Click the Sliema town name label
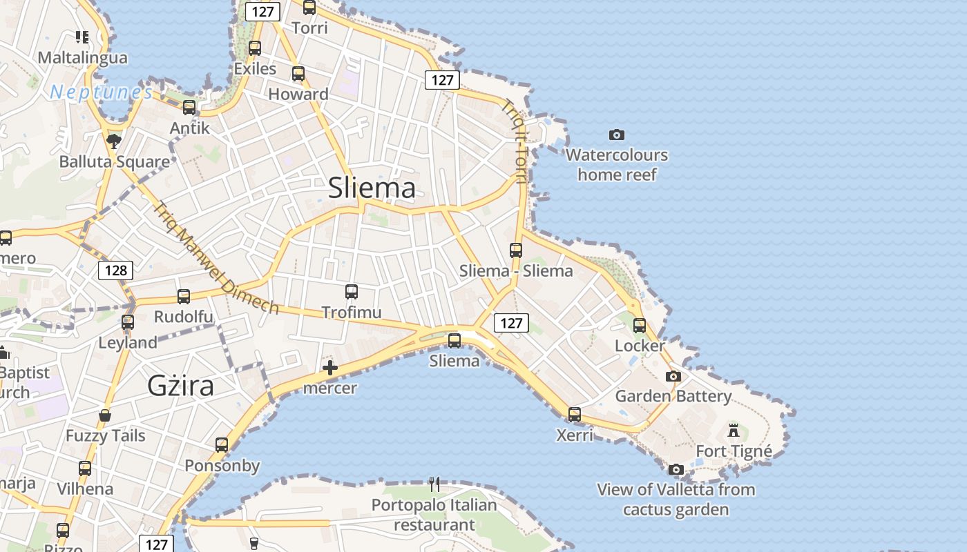pyautogui.click(x=372, y=188)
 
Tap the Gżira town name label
pyautogui.click(x=181, y=386)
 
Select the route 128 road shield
pyautogui.click(x=115, y=270)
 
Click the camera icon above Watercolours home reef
pyautogui.click(x=617, y=135)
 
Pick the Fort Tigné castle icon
pyautogui.click(x=734, y=431)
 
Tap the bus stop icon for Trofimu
pyautogui.click(x=352, y=292)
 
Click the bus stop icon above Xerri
pyautogui.click(x=575, y=415)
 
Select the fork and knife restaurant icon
pyautogui.click(x=434, y=484)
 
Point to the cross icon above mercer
pyautogui.click(x=330, y=368)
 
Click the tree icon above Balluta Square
pyautogui.click(x=114, y=141)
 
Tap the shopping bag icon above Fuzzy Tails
pyautogui.click(x=105, y=415)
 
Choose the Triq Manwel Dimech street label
pyautogui.click(x=216, y=258)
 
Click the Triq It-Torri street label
pyautogui.click(x=515, y=141)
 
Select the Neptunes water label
pyautogui.click(x=102, y=92)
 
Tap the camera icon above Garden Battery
pyautogui.click(x=673, y=376)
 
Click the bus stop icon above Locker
pyautogui.click(x=640, y=325)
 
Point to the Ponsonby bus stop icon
pyautogui.click(x=222, y=445)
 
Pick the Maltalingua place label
pyautogui.click(x=83, y=57)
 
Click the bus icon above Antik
pyautogui.click(x=189, y=108)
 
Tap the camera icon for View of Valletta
pyautogui.click(x=676, y=470)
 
